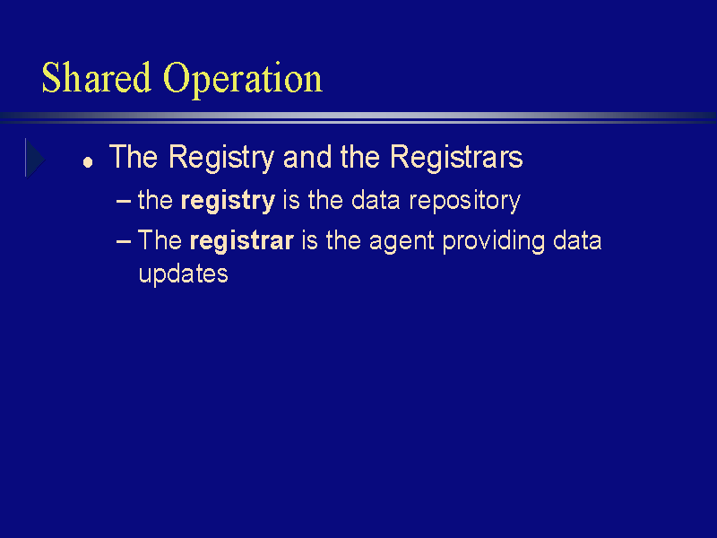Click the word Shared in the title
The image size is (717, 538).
coord(97,77)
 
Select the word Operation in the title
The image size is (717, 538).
coord(243,80)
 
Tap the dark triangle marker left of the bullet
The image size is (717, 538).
coord(35,159)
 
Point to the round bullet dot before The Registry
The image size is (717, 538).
coord(88,162)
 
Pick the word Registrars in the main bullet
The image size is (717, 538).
coord(456,157)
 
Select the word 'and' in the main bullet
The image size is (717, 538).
coord(307,157)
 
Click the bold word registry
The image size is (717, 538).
coord(228,201)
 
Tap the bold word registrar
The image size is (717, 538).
coord(241,240)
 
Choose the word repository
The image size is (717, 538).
coord(464,201)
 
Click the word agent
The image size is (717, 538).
coord(401,241)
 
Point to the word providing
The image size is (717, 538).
coord(494,241)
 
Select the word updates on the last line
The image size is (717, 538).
coord(183,274)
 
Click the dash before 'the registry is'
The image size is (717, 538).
coord(124,201)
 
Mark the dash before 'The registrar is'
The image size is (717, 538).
coord(124,240)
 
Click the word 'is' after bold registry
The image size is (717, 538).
coord(291,200)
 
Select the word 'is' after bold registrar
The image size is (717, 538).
coord(309,240)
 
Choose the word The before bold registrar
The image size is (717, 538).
coord(160,240)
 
